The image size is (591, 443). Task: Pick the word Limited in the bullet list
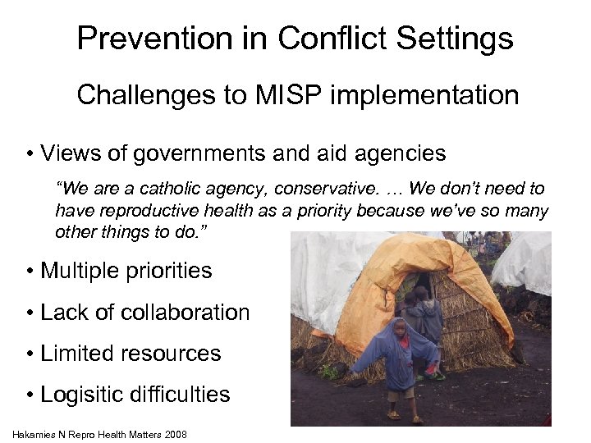point(80,354)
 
